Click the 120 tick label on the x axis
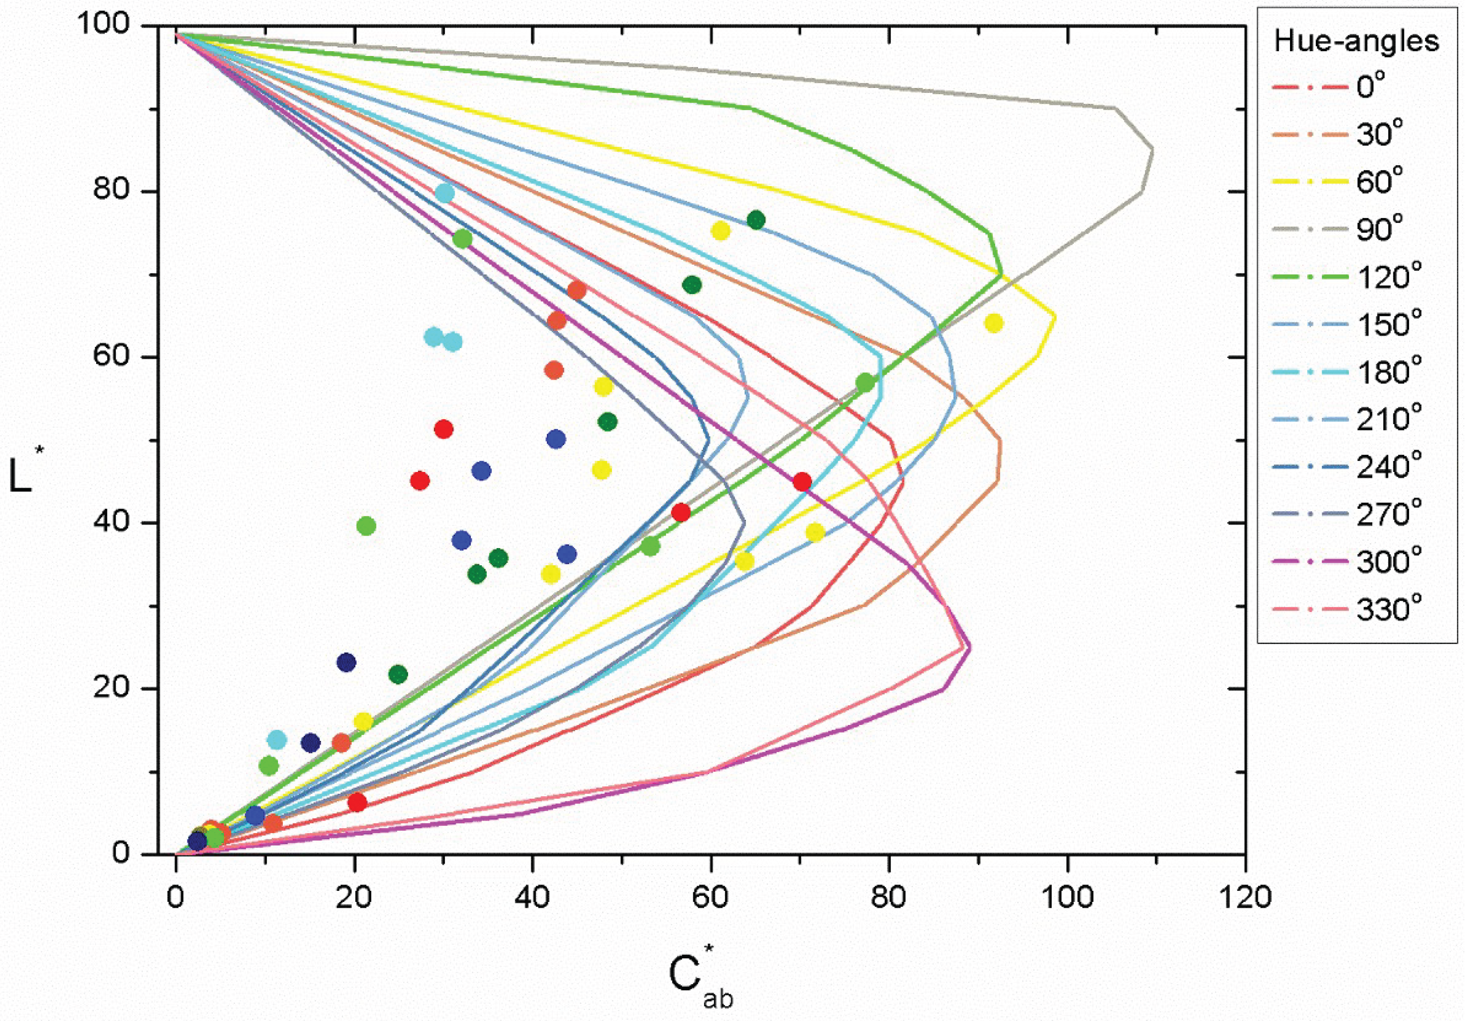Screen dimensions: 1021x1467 (1245, 898)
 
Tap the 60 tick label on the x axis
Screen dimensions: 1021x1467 (711, 898)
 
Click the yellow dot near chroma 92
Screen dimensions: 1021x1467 (993, 324)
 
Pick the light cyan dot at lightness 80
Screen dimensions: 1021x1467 (445, 193)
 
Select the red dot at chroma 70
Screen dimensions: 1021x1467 (802, 482)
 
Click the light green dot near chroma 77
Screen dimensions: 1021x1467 (865, 383)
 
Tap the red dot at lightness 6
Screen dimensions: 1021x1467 (357, 802)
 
